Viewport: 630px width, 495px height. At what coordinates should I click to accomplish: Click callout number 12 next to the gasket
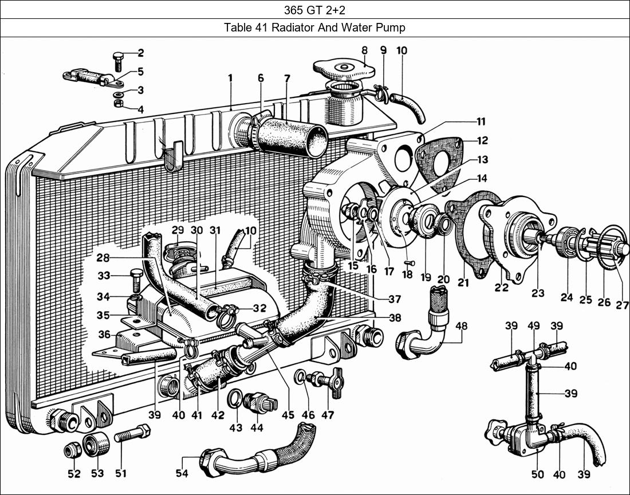point(482,140)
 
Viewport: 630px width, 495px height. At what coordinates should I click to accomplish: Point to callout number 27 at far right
point(622,305)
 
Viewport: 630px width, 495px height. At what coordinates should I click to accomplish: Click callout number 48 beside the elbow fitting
point(462,327)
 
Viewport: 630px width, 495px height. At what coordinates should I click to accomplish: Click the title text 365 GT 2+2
point(314,10)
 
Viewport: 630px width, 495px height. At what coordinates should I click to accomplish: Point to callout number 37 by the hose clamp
point(394,299)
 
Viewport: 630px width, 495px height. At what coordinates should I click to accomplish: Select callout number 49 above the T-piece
point(533,326)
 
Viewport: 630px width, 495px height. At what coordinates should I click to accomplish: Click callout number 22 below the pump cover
point(502,288)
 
